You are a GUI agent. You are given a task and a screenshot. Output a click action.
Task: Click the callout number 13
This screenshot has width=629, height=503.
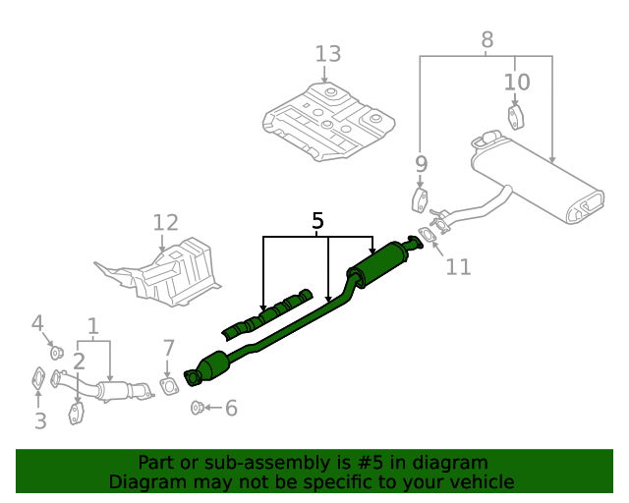pyautogui.click(x=328, y=54)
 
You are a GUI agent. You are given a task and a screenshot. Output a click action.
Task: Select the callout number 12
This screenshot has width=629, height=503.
pyautogui.click(x=165, y=224)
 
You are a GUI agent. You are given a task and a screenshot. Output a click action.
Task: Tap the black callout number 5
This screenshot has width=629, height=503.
pyautogui.click(x=317, y=221)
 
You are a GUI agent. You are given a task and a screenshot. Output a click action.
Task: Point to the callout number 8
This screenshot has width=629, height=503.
pyautogui.click(x=486, y=40)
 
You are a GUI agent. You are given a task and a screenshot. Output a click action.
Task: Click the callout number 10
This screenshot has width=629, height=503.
pyautogui.click(x=517, y=82)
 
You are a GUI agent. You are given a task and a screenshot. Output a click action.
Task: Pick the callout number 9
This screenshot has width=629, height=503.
pyautogui.click(x=421, y=164)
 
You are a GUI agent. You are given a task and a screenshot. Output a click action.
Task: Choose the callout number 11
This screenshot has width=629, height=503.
pyautogui.click(x=458, y=265)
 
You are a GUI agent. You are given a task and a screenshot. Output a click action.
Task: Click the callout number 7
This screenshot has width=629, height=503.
pyautogui.click(x=168, y=347)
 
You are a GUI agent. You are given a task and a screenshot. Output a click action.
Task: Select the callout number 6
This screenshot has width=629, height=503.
pyautogui.click(x=231, y=408)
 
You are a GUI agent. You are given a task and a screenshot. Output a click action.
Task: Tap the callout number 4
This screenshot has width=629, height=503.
pyautogui.click(x=37, y=322)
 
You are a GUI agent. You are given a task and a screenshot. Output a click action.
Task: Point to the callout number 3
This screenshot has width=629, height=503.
pyautogui.click(x=39, y=421)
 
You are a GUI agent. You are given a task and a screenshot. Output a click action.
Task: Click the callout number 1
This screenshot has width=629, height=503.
pyautogui.click(x=93, y=324)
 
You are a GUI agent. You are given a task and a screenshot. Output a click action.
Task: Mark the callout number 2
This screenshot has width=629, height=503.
pyautogui.click(x=79, y=361)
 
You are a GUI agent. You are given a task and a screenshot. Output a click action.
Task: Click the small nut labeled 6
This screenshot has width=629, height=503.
pyautogui.click(x=197, y=407)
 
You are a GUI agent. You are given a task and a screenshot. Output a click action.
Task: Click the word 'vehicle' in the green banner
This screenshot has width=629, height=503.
pyautogui.click(x=478, y=481)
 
